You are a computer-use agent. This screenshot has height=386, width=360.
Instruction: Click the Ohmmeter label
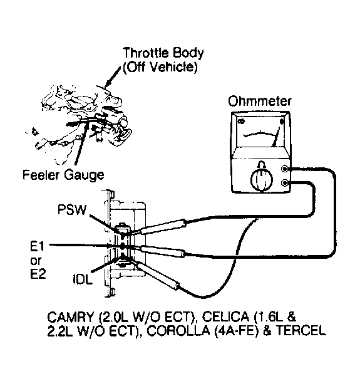click(260, 101)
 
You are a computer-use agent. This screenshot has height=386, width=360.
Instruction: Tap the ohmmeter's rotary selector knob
click(262, 180)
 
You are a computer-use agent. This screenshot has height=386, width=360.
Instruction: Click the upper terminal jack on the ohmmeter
click(285, 169)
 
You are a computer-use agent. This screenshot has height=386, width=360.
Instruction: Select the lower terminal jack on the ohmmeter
click(285, 183)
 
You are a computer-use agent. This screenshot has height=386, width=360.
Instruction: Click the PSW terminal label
click(72, 210)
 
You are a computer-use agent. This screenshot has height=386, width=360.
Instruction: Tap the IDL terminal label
click(83, 279)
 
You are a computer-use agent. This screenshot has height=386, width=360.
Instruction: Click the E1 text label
click(37, 246)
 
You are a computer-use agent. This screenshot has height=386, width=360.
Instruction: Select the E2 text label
click(38, 274)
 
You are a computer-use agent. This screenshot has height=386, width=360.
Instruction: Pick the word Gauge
click(84, 175)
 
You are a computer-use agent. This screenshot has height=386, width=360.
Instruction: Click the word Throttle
click(146, 53)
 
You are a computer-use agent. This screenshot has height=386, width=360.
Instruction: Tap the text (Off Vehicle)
click(160, 67)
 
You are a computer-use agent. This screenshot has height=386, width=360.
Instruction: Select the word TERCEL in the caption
click(301, 331)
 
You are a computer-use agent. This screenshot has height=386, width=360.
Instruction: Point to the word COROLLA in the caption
click(178, 331)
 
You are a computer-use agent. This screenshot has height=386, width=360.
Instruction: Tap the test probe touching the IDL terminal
click(157, 275)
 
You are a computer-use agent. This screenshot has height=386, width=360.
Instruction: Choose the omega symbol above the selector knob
click(262, 164)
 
